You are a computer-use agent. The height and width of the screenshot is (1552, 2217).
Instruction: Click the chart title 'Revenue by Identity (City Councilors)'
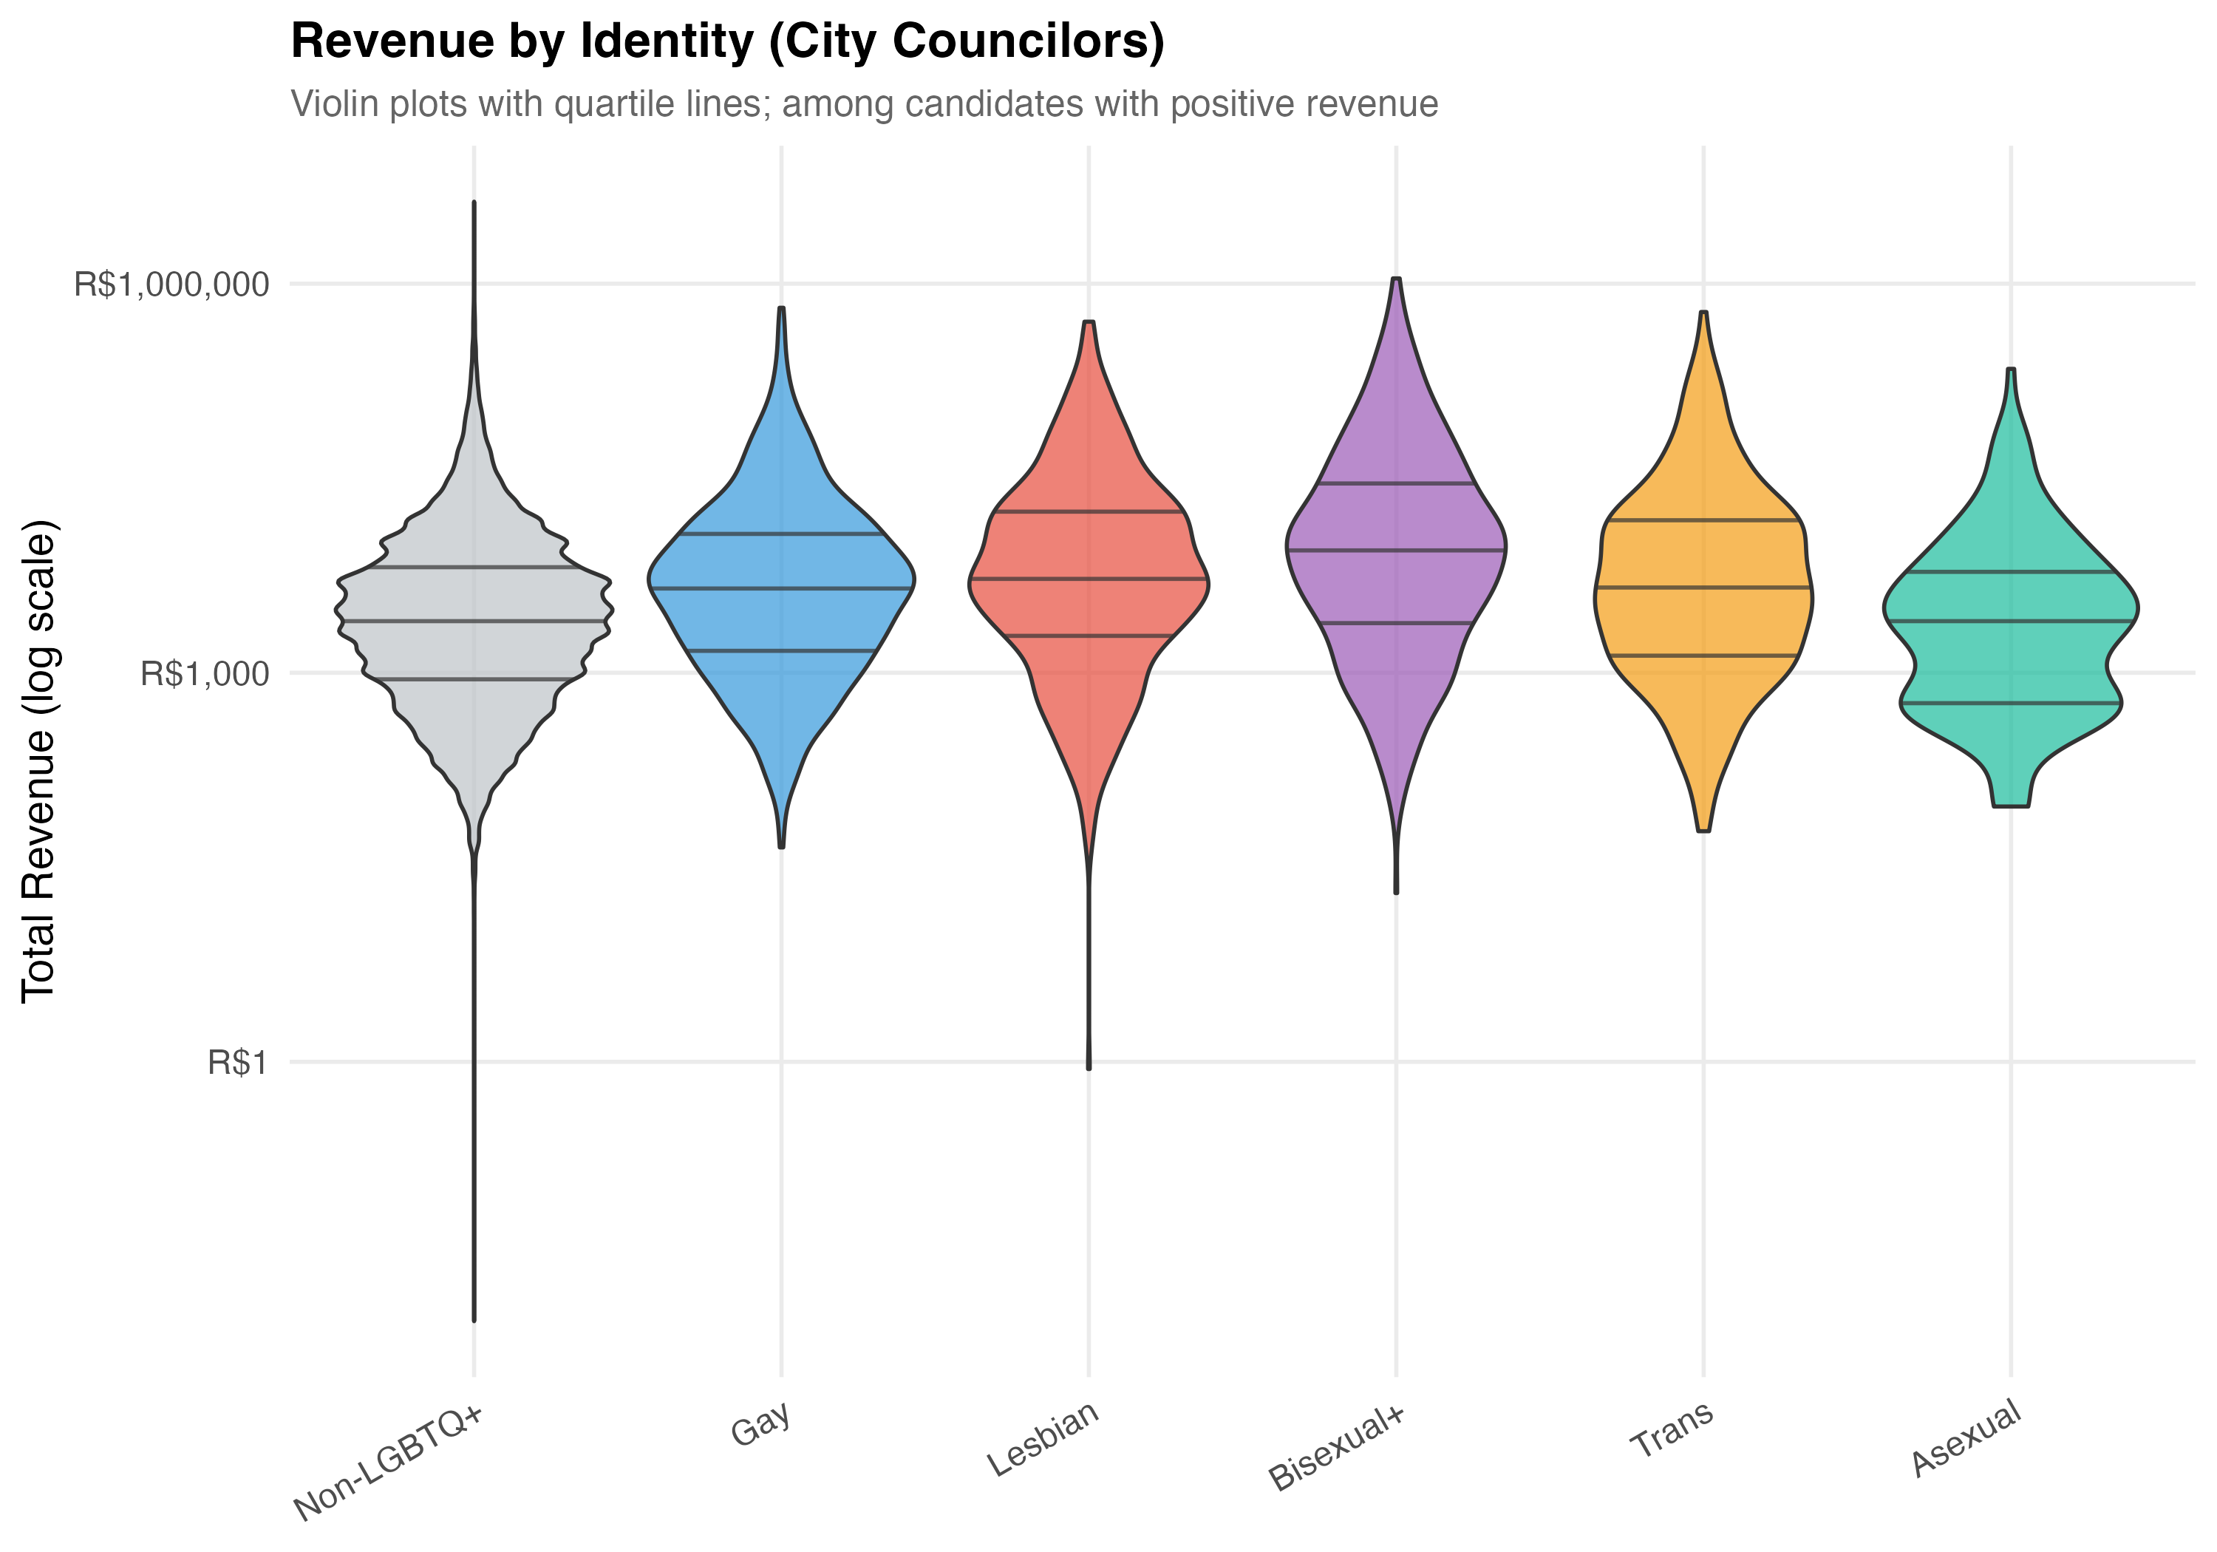[x=727, y=42]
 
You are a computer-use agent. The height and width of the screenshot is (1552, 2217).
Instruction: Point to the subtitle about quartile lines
[x=864, y=104]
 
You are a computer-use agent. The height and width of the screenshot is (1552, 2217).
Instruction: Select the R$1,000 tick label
[x=204, y=674]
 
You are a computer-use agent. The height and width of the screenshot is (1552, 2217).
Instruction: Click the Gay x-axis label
[x=762, y=1423]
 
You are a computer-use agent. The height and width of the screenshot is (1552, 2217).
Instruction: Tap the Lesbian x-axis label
[x=1043, y=1439]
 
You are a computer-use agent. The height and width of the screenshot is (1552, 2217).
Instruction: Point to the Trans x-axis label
[x=1672, y=1429]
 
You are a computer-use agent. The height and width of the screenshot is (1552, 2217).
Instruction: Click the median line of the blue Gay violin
[x=781, y=588]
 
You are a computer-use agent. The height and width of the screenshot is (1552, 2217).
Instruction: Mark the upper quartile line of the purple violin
[x=1396, y=483]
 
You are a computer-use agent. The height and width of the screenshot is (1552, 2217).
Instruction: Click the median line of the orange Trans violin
[x=1703, y=588]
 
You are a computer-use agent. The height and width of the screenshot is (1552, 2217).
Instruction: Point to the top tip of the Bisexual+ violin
[x=1396, y=279]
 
